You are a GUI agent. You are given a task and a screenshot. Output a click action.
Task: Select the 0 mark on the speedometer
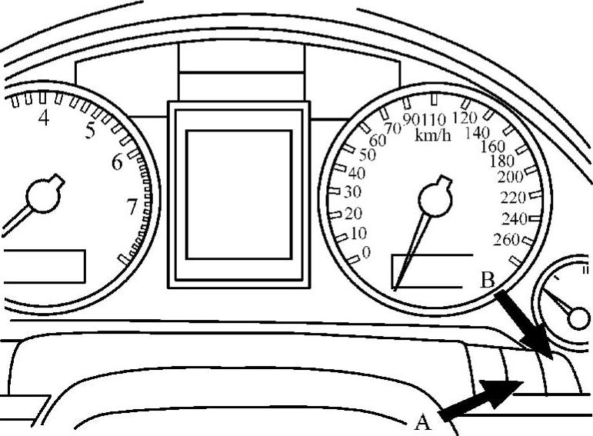(x=365, y=251)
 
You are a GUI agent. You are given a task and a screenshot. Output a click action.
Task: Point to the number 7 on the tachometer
(x=132, y=206)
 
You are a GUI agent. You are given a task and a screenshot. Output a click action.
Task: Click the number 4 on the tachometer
(x=44, y=118)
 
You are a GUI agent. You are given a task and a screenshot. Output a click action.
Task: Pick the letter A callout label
(x=421, y=421)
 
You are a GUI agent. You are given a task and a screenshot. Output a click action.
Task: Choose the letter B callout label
(x=487, y=280)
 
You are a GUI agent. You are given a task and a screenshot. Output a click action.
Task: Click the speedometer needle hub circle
(x=433, y=201)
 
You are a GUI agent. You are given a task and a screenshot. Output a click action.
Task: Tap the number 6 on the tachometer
(x=117, y=162)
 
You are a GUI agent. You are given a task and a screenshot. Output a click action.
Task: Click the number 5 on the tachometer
(x=90, y=131)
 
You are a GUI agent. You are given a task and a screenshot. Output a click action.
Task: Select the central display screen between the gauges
(x=238, y=195)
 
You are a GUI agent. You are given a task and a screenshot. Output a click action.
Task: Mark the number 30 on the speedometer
(x=353, y=192)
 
